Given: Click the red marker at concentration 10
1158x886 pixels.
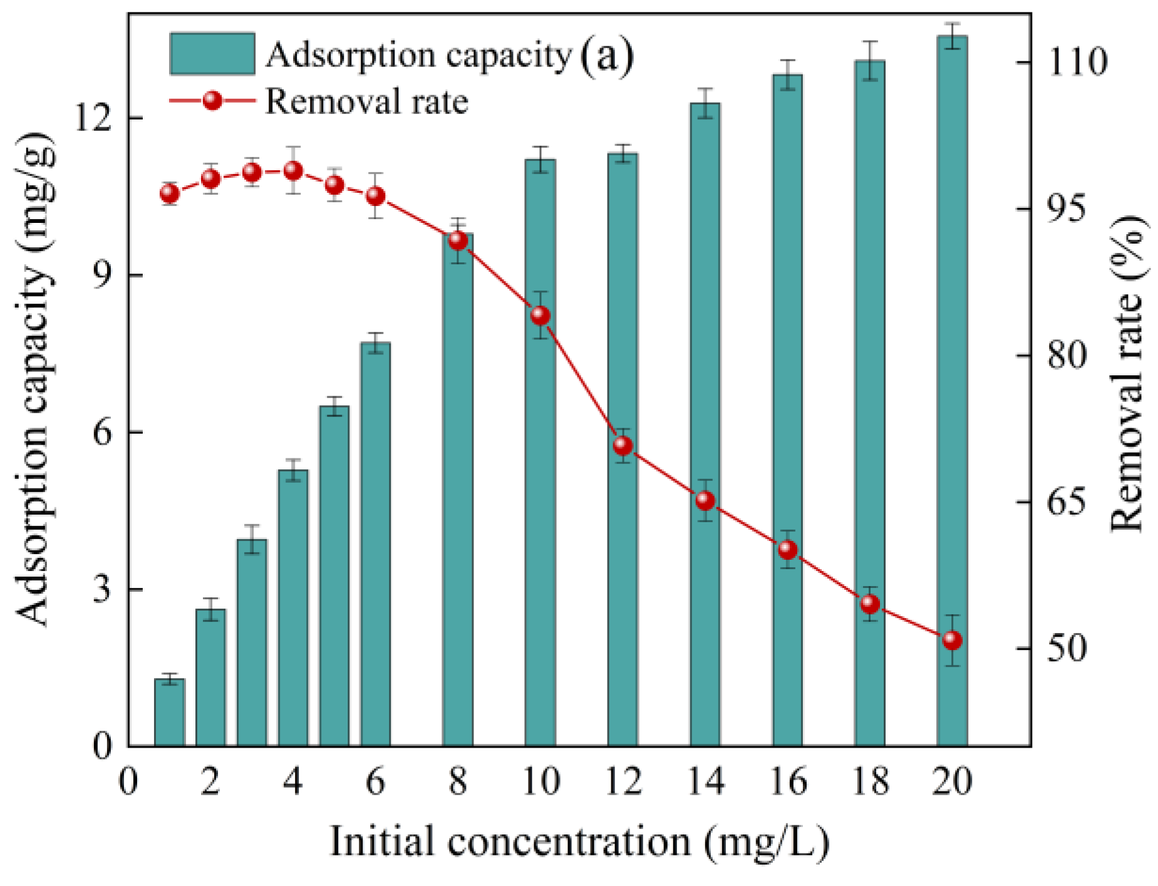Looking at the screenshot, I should point(540,316).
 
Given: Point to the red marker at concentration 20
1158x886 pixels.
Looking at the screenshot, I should point(952,640).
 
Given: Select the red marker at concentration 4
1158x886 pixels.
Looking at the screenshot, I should point(293,170).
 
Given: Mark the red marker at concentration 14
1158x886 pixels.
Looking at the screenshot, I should point(705,500).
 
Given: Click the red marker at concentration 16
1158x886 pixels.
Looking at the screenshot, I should point(788,550).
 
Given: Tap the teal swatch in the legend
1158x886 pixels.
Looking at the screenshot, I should point(212,54).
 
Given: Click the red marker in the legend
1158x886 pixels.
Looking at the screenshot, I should point(212,100).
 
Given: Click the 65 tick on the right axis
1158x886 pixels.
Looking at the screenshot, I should point(1067,502).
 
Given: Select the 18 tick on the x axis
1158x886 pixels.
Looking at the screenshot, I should point(870,781).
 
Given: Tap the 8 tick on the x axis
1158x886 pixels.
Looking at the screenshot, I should point(458,781).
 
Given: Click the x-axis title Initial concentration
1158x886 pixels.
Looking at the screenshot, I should point(579,841).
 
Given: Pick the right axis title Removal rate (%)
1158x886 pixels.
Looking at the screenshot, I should point(1127,374).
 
